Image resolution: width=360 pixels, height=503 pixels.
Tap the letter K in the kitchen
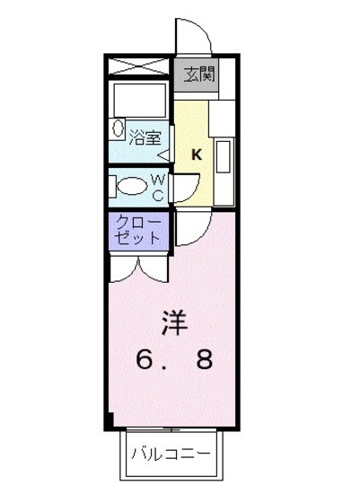pyautogui.click(x=196, y=154)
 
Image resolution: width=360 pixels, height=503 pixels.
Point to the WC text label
pyautogui.click(x=157, y=188)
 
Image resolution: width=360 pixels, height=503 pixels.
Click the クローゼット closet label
pyautogui.click(x=138, y=231)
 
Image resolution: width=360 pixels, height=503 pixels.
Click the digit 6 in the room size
pyautogui.click(x=144, y=361)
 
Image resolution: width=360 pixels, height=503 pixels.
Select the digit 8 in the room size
pyautogui.click(x=206, y=361)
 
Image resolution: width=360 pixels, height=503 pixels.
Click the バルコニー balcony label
pyautogui.click(x=170, y=454)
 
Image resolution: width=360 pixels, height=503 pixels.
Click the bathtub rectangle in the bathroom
pyautogui.click(x=137, y=100)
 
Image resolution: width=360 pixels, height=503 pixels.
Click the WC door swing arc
pyautogui.click(x=183, y=184)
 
